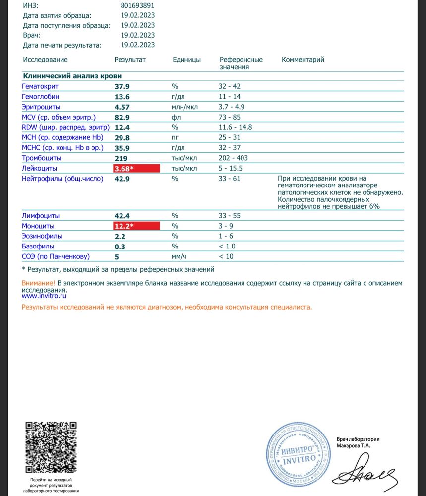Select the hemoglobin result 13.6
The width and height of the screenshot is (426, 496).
[122, 97]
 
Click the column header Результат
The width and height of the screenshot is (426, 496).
[130, 60]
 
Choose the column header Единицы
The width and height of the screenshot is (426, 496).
[187, 60]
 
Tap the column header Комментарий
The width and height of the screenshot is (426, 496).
[303, 60]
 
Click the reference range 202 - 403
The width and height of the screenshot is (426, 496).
[234, 158]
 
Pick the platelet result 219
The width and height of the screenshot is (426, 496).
[121, 158]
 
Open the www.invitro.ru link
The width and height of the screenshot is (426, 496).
[44, 295]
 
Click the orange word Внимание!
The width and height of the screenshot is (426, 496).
[39, 283]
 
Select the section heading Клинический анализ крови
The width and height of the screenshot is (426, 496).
[72, 76]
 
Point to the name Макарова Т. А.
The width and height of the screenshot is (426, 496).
[353, 445]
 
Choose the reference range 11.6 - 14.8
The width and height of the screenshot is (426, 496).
[236, 127]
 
